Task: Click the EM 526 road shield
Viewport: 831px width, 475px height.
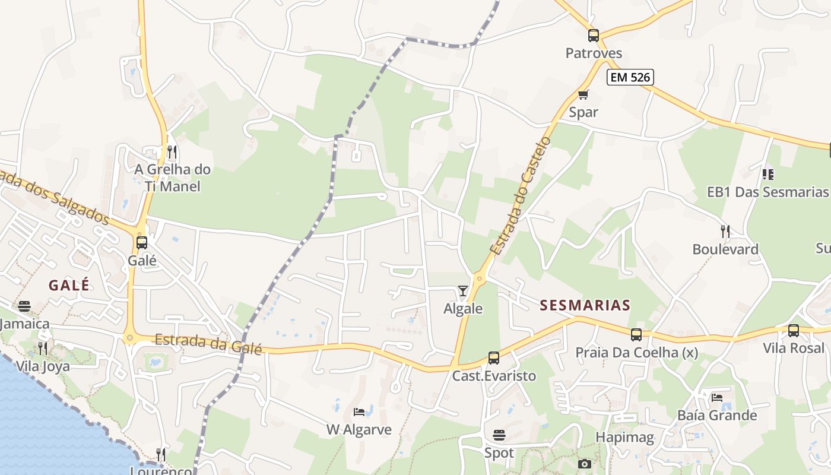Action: pos(630,77)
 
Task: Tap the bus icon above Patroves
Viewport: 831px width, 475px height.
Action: pos(593,36)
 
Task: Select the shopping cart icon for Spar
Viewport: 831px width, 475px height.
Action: pos(583,94)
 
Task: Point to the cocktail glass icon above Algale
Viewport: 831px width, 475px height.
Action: pos(463,290)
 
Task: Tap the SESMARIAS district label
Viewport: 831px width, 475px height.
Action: pos(585,305)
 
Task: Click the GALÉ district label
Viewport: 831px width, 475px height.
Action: pos(69,285)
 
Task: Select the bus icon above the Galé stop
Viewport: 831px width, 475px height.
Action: pos(141,242)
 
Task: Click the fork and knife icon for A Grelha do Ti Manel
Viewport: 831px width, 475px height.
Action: pos(172,152)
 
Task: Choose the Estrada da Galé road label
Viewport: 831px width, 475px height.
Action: pos(208,344)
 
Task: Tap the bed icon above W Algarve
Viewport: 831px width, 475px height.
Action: pos(359,411)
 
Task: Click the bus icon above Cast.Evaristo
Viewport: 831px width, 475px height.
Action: pos(494,357)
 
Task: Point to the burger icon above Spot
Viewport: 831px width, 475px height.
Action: pos(499,435)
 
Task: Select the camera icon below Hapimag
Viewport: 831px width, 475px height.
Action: pos(584,464)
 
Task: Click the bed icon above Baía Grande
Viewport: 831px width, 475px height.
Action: pos(717,397)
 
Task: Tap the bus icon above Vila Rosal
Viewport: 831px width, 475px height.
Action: pos(794,331)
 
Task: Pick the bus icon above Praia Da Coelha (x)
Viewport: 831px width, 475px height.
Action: pos(636,335)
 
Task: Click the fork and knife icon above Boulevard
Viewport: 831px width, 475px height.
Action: pos(725,231)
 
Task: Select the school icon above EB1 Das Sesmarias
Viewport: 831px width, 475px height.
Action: pos(767,174)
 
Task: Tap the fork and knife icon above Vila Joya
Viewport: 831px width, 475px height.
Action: pos(42,348)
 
